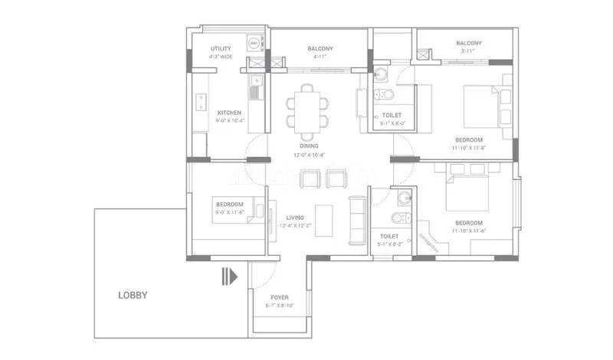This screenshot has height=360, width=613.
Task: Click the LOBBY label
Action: (133, 295)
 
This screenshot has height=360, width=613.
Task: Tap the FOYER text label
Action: (279, 297)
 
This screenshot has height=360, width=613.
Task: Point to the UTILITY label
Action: (221, 49)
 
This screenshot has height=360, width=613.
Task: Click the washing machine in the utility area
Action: (253, 44)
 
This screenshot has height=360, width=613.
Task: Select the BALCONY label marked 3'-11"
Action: (468, 43)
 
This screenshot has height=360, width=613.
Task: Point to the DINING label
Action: (309, 146)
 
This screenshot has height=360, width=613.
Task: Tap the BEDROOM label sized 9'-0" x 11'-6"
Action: (229, 204)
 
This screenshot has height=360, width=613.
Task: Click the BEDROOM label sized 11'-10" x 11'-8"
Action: (468, 139)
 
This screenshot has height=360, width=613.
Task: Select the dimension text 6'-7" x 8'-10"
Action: (279, 306)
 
